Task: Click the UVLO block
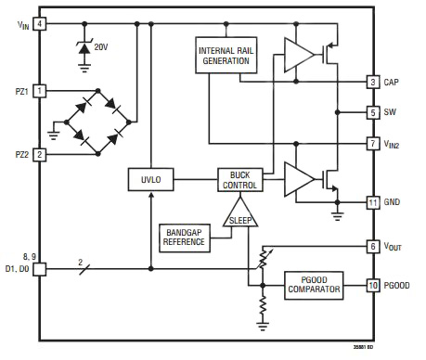pos(149,179)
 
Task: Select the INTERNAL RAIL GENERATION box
pos(224,56)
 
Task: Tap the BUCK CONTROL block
pos(239,179)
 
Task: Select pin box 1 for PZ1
pos(40,90)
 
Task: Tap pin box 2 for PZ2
pos(40,155)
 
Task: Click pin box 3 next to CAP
pos(372,83)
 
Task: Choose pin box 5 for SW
pos(372,113)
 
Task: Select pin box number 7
pos(372,144)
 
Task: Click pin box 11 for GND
pos(372,201)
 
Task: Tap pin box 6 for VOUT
pos(372,247)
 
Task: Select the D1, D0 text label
pos(18,269)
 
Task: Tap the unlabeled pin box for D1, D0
pos(40,270)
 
